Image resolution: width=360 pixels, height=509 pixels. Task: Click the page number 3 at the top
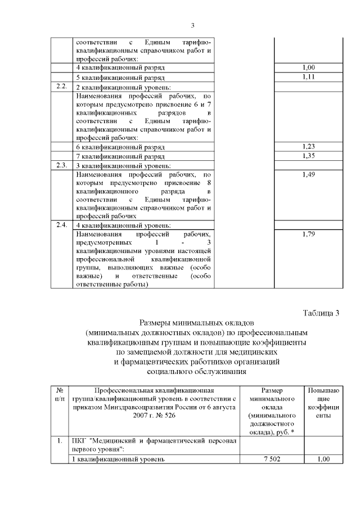pos(192,25)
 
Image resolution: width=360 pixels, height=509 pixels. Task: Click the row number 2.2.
pos(62,86)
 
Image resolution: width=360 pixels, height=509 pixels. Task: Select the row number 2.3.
pos(62,165)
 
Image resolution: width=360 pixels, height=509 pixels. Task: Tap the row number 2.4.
pos(62,224)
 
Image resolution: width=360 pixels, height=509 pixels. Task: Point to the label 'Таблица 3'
pos(322,313)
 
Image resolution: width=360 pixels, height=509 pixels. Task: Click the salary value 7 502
pos(272,459)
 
